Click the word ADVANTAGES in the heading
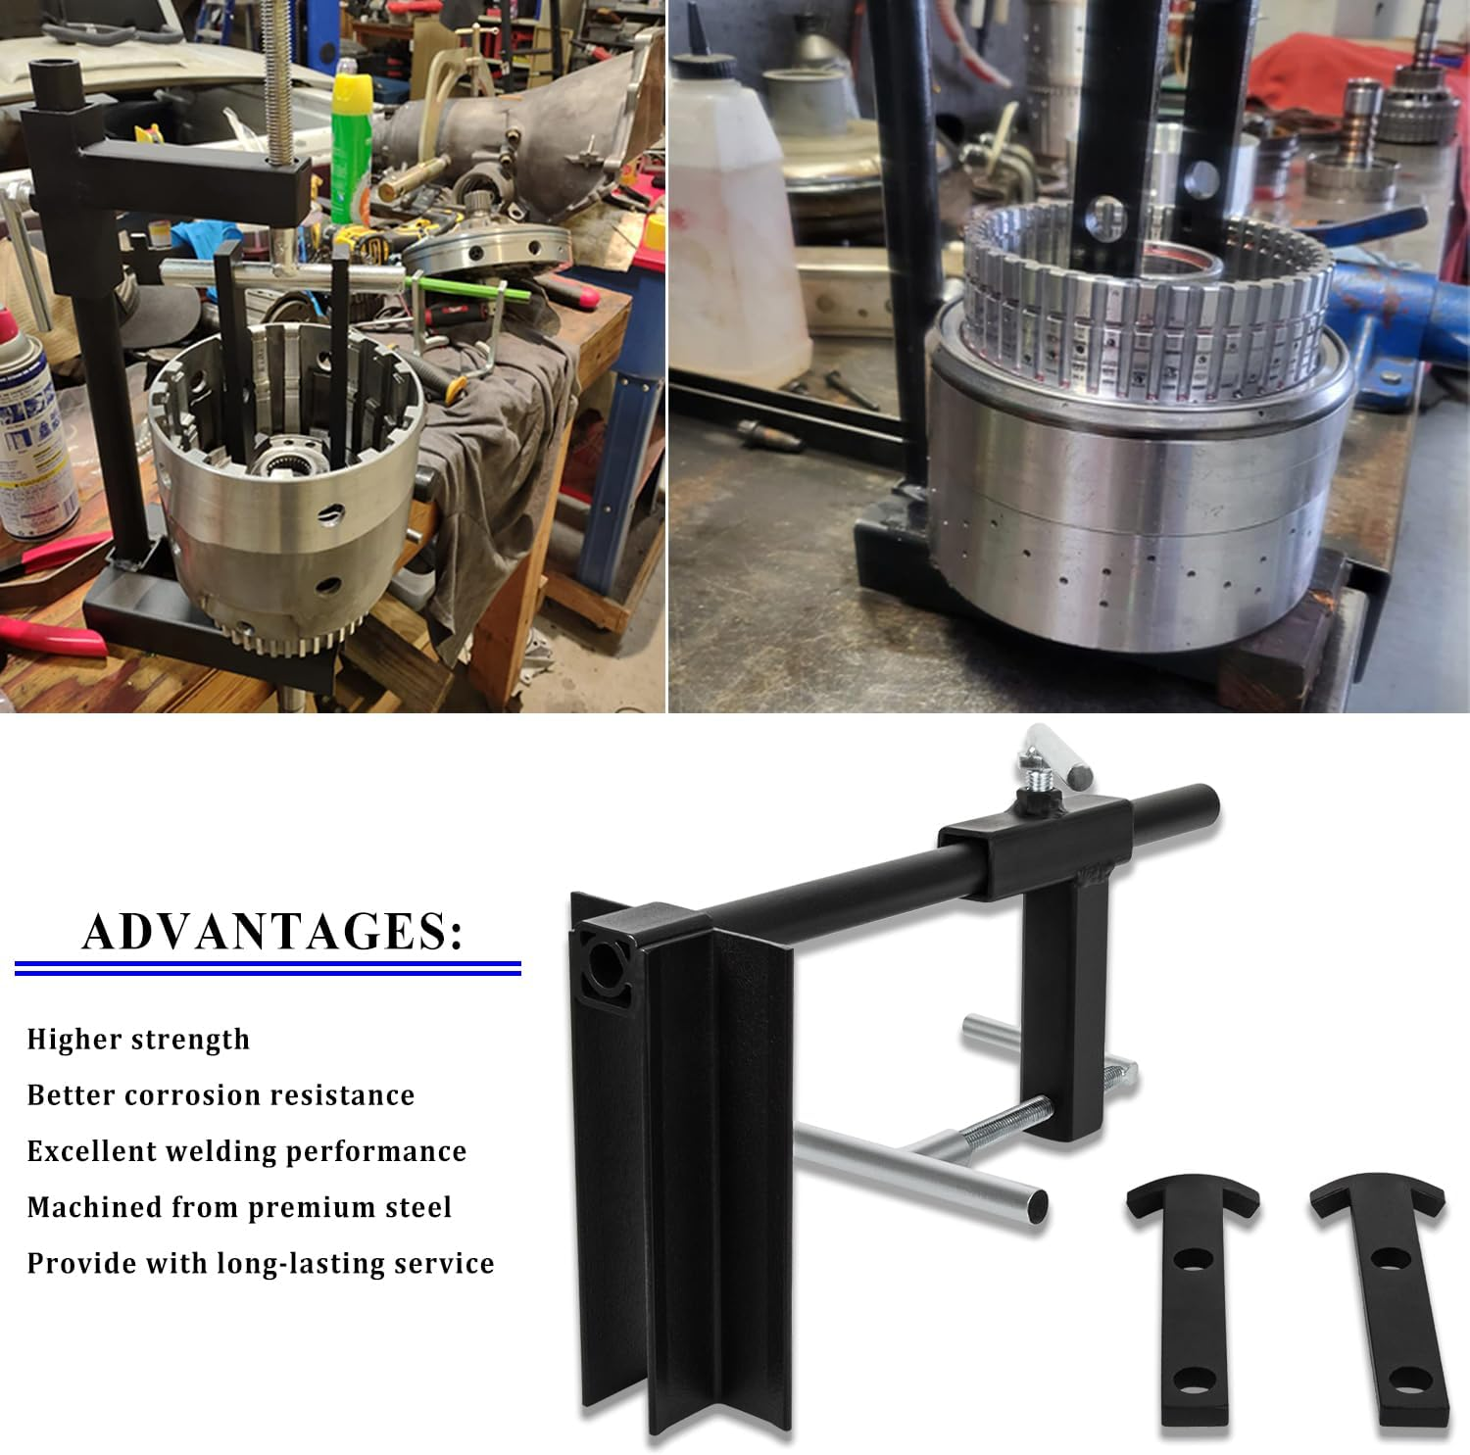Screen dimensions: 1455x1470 [x=265, y=932]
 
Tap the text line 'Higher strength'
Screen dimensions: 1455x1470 [x=138, y=1040]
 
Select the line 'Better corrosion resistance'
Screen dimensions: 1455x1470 [x=220, y=1095]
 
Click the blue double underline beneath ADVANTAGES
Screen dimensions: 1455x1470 [x=267, y=969]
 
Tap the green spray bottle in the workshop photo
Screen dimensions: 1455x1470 [x=351, y=147]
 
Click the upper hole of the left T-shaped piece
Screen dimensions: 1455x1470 [x=1192, y=1259]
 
